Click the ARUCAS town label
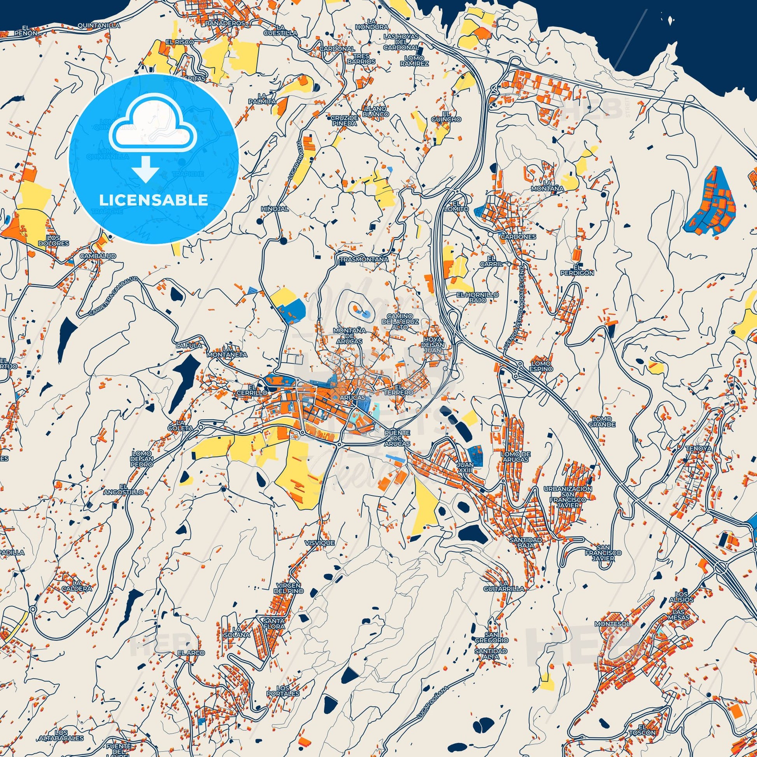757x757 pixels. (352, 397)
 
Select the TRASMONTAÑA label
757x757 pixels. (359, 259)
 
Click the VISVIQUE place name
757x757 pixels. (320, 543)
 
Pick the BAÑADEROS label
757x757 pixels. (224, 23)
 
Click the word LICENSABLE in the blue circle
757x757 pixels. (153, 200)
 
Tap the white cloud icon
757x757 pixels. (153, 126)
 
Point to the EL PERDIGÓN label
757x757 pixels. (577, 270)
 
